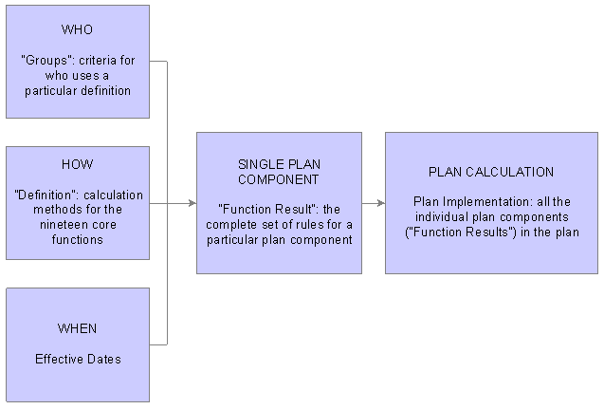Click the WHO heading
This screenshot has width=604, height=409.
click(x=77, y=29)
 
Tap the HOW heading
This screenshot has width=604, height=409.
click(x=77, y=164)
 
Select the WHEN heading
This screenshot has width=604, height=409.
click(x=77, y=328)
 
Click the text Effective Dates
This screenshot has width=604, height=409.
click(x=78, y=360)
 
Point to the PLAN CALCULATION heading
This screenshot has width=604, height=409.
click(x=491, y=172)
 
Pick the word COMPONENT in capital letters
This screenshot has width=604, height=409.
click(x=279, y=179)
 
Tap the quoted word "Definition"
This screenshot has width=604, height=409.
click(x=46, y=195)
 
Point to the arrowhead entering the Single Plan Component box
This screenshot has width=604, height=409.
click(x=192, y=203)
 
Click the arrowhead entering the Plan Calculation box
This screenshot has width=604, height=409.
click(x=381, y=203)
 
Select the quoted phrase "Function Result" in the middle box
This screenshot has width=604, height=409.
click(x=266, y=210)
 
